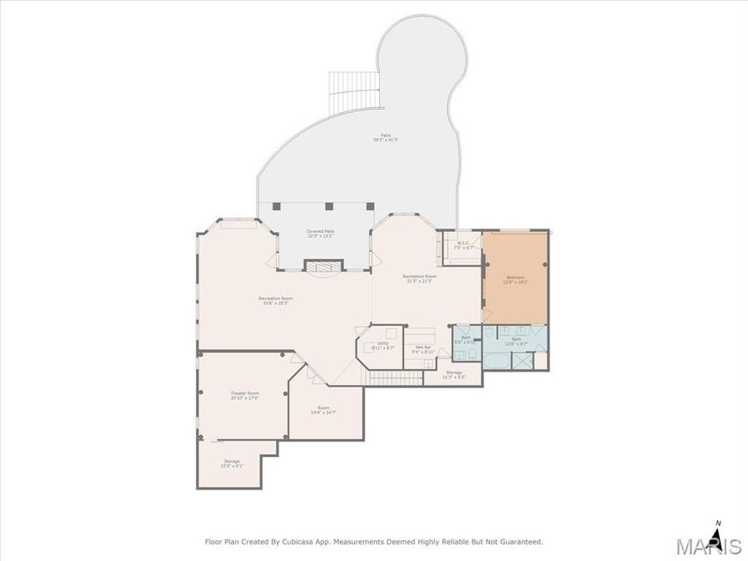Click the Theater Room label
[x=244, y=395]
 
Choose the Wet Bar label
[x=422, y=349]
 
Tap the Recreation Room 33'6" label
[x=275, y=300]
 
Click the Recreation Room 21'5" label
[x=420, y=278]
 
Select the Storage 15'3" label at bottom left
[x=231, y=463]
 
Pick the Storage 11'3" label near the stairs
[x=453, y=374]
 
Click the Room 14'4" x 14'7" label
[x=323, y=411]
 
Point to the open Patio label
[x=386, y=137]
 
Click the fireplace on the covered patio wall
[x=322, y=266]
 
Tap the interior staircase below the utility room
[x=386, y=379]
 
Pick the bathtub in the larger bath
[x=498, y=361]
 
